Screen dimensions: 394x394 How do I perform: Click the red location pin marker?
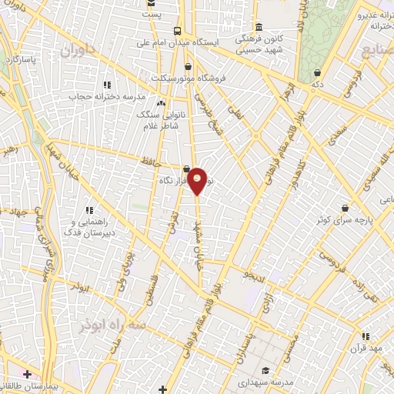click(198, 180)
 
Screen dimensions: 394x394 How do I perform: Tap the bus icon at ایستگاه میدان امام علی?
click(178, 32)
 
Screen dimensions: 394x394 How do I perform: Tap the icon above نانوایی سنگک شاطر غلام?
click(162, 103)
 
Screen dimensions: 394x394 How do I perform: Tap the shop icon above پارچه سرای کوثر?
click(343, 208)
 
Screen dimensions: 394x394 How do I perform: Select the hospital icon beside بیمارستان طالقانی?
click(28, 374)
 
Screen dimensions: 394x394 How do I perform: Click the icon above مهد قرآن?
click(366, 336)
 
